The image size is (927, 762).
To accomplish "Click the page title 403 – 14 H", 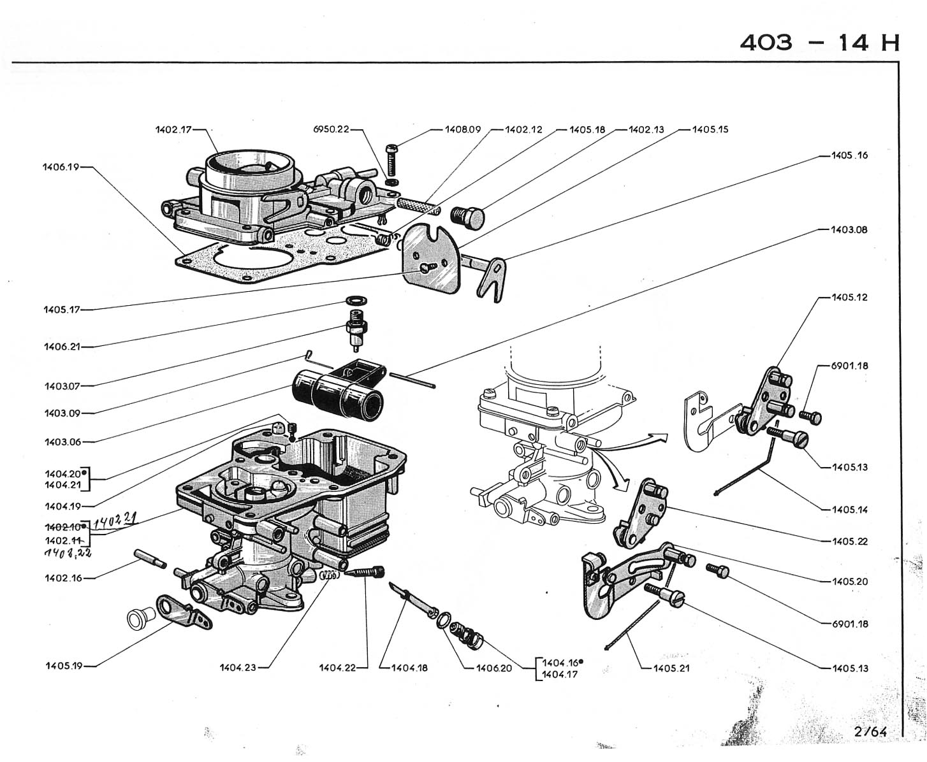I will pyautogui.click(x=820, y=43).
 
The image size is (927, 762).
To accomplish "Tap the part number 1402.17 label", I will pyautogui.click(x=173, y=129).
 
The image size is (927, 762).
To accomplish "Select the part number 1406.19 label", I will pyautogui.click(x=61, y=168).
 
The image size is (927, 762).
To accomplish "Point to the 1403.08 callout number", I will pyautogui.click(x=849, y=229).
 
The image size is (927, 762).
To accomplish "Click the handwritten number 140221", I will pyautogui.click(x=116, y=522).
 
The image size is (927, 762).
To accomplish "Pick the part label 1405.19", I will pyautogui.click(x=63, y=666).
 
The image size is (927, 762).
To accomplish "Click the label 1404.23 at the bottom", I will pyautogui.click(x=240, y=668).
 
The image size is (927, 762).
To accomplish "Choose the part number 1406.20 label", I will pyautogui.click(x=494, y=668).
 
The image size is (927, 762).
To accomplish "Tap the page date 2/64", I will pyautogui.click(x=870, y=731).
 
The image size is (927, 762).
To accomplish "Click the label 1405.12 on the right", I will pyautogui.click(x=849, y=298).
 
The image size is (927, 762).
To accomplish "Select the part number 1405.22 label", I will pyautogui.click(x=849, y=542).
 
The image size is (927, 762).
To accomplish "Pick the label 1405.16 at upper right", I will pyautogui.click(x=849, y=155).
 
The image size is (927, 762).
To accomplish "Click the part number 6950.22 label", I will pyautogui.click(x=331, y=129).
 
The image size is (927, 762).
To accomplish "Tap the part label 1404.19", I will pyautogui.click(x=63, y=507).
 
